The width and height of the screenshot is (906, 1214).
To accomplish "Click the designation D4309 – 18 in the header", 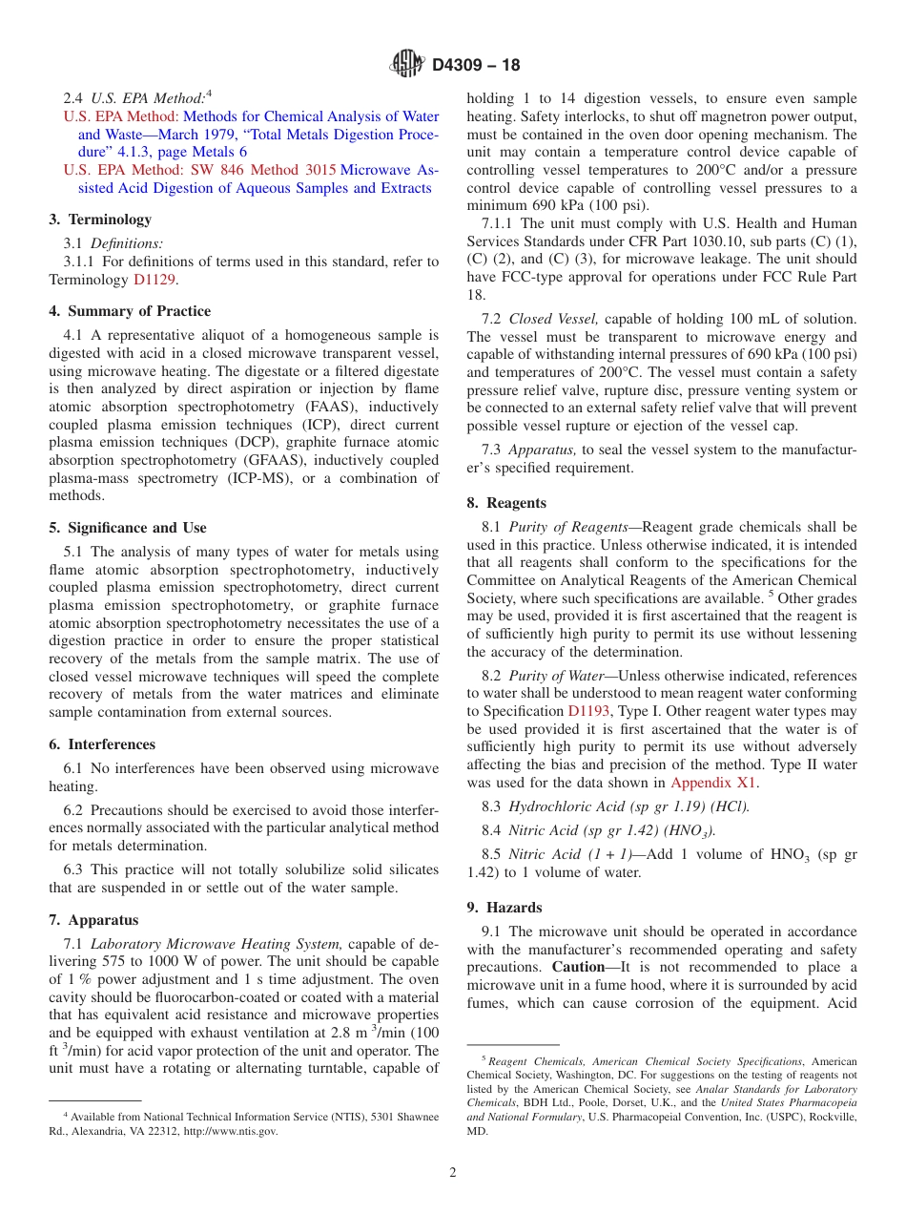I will point(476,66).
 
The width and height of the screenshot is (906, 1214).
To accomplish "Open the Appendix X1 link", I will point(714,783).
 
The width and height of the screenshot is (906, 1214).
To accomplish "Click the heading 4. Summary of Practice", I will point(130,311).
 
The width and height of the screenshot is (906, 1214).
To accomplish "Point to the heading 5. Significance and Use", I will point(127,528).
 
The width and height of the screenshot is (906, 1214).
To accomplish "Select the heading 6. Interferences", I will point(102,744).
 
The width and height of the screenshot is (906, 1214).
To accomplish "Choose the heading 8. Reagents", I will point(506,503).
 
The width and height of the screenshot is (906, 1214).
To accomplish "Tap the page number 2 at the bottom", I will point(453,1173).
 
